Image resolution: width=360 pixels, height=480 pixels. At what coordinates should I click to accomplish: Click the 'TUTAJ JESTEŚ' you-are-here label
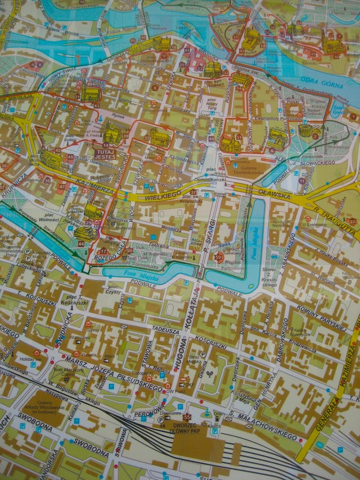pos(105,155)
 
